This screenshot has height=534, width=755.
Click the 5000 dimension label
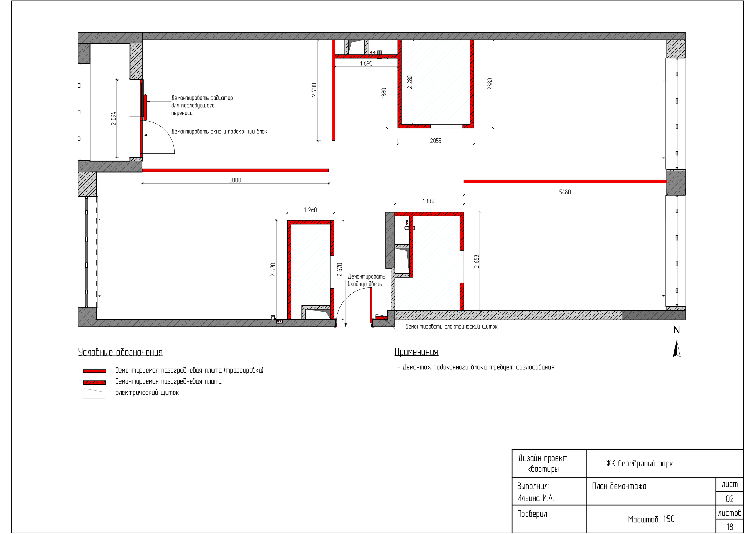click(x=235, y=180)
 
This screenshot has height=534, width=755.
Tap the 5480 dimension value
click(x=565, y=192)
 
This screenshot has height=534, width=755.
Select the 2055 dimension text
click(x=435, y=141)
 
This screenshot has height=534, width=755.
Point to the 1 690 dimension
click(x=366, y=63)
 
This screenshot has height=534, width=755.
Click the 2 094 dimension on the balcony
click(x=114, y=118)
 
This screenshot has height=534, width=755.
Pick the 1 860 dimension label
click(x=429, y=201)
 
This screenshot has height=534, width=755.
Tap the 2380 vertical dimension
click(x=490, y=84)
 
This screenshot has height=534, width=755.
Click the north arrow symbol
click(x=677, y=349)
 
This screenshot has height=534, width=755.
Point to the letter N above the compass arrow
click(x=677, y=330)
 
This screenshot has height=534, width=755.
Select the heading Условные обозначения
click(x=120, y=352)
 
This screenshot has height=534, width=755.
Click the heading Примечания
click(x=416, y=352)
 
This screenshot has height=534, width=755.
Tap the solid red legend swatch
click(x=95, y=371)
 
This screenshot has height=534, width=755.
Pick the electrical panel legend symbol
click(x=94, y=394)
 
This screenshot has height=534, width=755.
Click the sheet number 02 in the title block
click(x=730, y=499)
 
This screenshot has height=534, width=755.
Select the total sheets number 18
click(x=730, y=527)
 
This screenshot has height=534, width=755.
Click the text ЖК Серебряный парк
click(x=640, y=463)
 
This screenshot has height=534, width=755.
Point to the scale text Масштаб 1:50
click(x=651, y=519)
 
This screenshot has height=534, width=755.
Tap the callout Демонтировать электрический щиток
click(x=451, y=327)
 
